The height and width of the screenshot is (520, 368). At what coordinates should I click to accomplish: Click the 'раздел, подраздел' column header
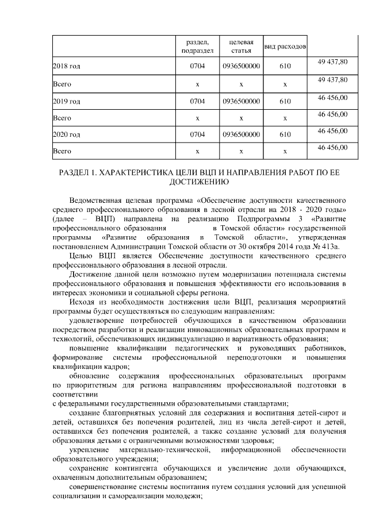pyautogui.click(x=197, y=46)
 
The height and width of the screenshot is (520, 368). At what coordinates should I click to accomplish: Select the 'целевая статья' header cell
pyautogui.click(x=241, y=46)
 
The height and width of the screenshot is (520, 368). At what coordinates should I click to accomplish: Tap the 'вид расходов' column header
pyautogui.click(x=285, y=46)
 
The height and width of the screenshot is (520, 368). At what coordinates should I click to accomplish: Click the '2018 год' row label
pyautogui.click(x=66, y=67)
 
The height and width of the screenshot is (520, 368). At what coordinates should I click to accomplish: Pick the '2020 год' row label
pyautogui.click(x=66, y=135)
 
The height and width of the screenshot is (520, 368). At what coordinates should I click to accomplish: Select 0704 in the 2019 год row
pyautogui.click(x=197, y=101)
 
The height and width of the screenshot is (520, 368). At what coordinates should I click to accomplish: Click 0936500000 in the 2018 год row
pyautogui.click(x=241, y=67)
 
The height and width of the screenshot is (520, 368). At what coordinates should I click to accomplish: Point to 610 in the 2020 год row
pyautogui.click(x=285, y=135)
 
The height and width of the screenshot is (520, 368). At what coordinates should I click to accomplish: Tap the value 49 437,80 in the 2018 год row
pyautogui.click(x=333, y=62)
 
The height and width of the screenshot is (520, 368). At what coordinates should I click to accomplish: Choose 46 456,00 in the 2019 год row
pyautogui.click(x=333, y=97)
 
